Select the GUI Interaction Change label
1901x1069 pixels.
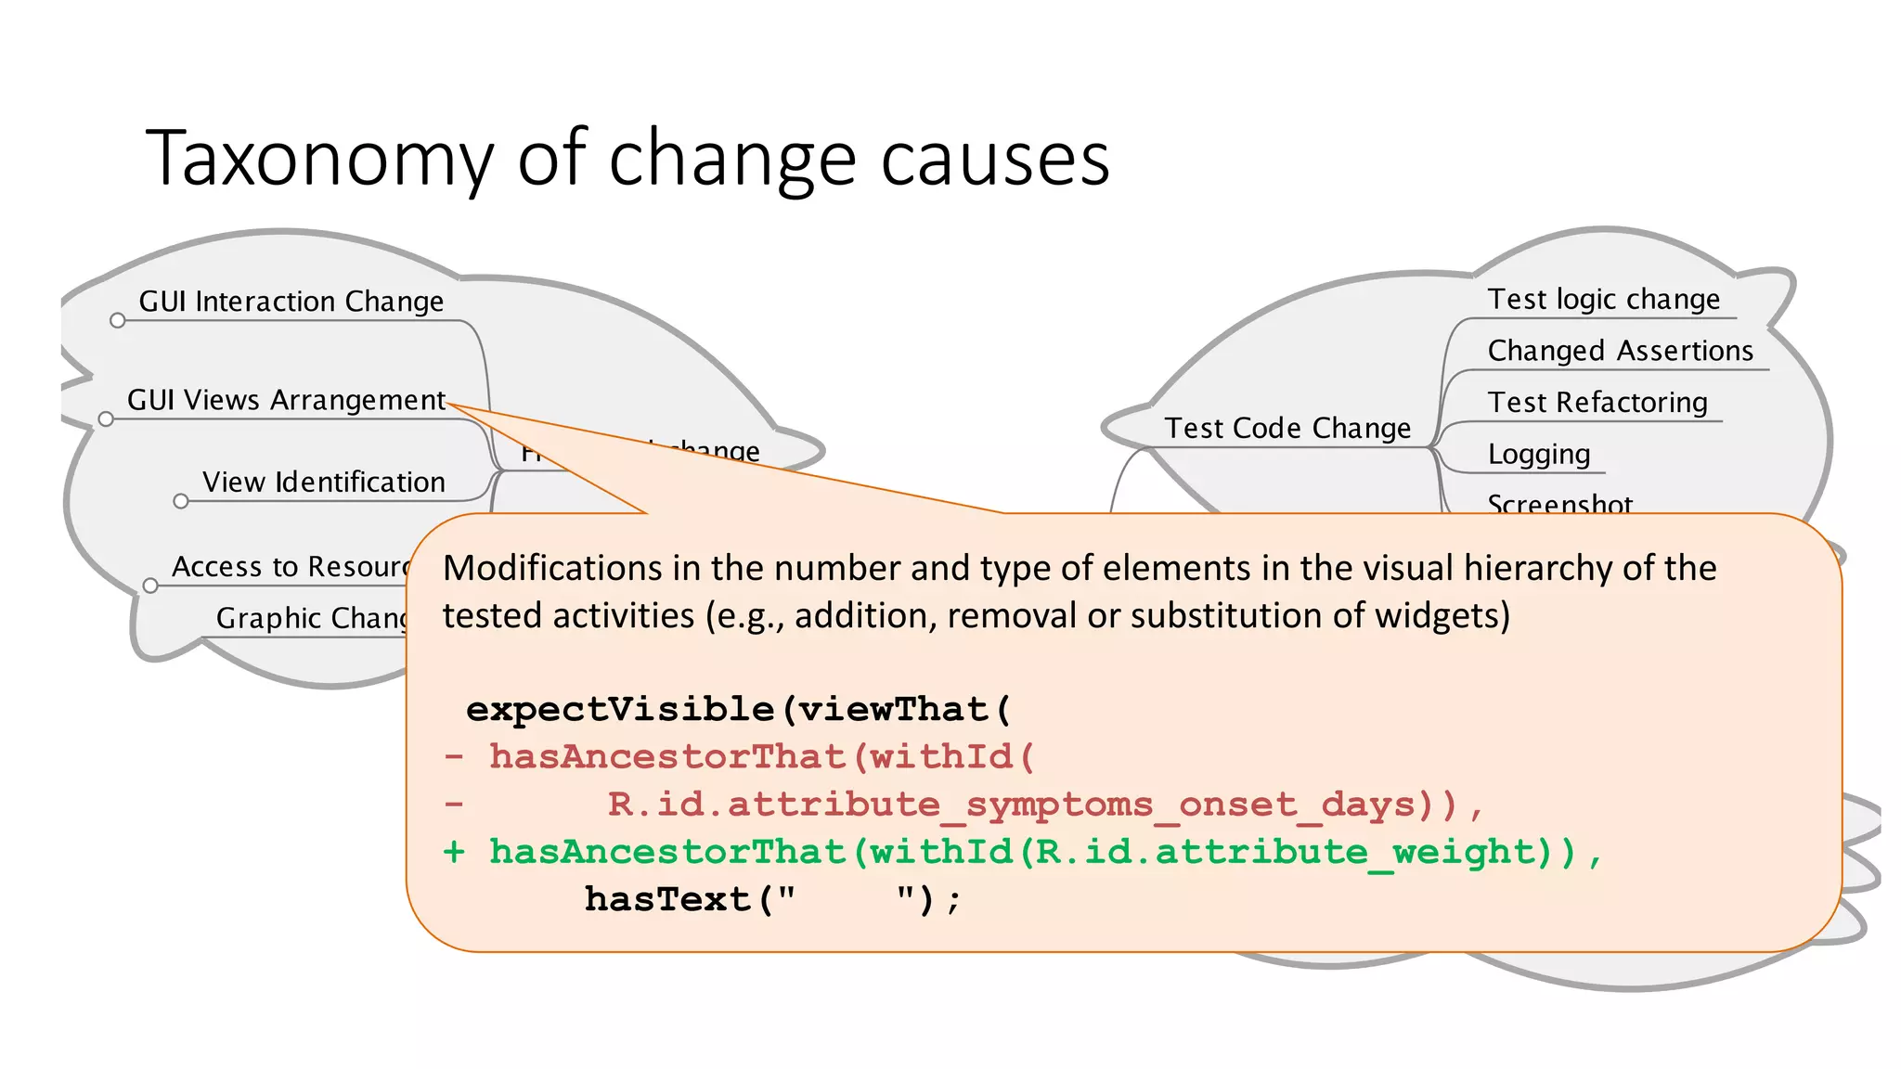click(291, 302)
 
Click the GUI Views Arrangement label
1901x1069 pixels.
click(286, 400)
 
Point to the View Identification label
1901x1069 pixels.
click(323, 483)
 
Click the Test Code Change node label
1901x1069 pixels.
click(1287, 428)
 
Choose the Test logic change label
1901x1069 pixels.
click(1603, 299)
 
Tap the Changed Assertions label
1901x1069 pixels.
click(1620, 351)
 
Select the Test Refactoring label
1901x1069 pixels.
click(1597, 403)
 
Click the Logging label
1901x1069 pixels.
click(1538, 454)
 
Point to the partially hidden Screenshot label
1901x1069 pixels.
click(1558, 503)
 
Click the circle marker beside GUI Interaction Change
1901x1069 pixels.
click(117, 321)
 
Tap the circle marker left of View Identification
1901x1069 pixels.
click(181, 502)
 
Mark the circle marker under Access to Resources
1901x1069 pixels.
click(150, 586)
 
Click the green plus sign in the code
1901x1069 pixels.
click(454, 852)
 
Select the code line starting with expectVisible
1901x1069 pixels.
click(738, 710)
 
